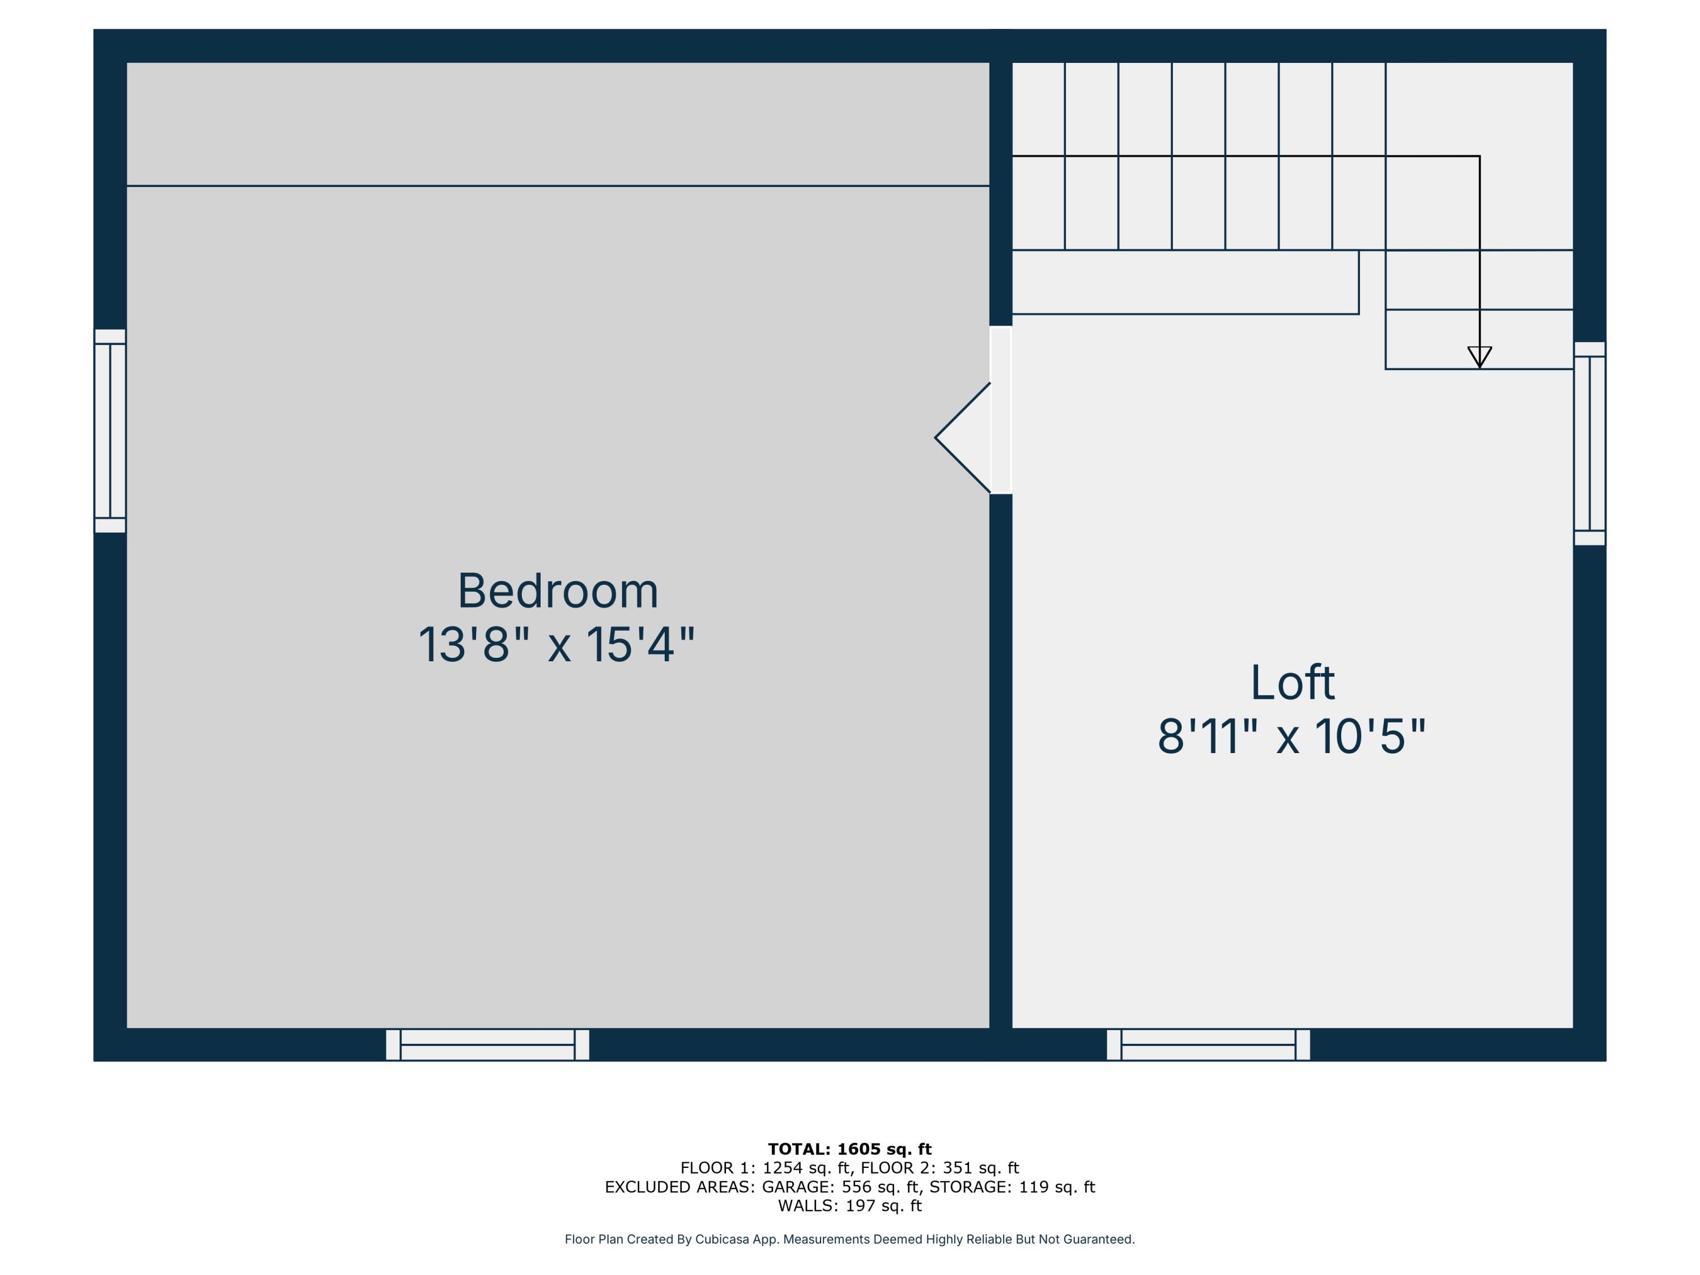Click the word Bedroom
click(558, 591)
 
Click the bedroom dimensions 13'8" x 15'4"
click(556, 645)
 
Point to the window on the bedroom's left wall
click(110, 430)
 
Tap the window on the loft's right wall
click(1589, 444)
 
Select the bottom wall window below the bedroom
click(487, 1044)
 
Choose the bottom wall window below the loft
click(1208, 1044)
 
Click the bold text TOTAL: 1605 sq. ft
click(849, 1149)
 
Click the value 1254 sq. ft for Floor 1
click(805, 1168)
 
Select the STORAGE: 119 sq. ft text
click(1012, 1187)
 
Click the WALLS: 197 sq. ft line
click(849, 1205)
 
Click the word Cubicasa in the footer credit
click(722, 1239)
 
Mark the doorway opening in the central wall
click(1001, 410)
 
